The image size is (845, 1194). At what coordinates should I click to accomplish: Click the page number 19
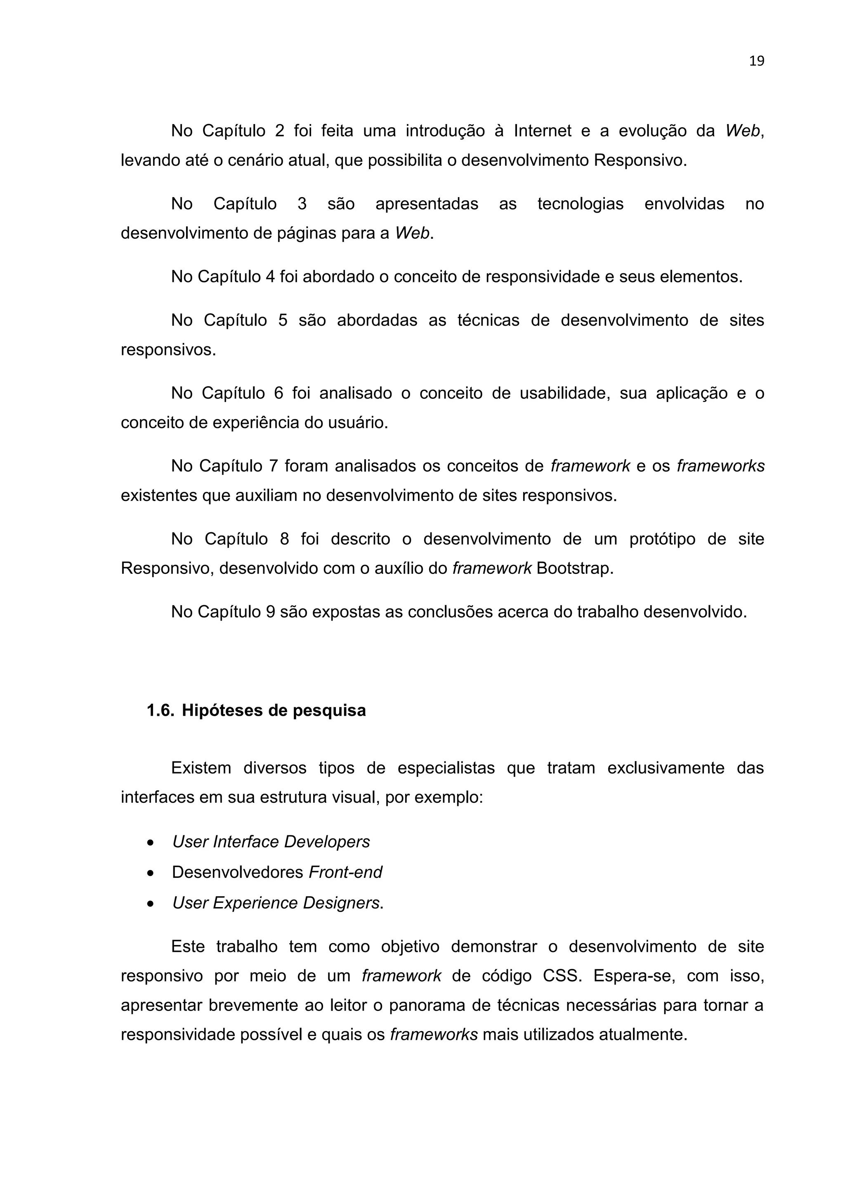[757, 61]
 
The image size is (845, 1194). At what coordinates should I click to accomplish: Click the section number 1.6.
[160, 710]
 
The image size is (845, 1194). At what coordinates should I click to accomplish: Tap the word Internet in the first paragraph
[543, 131]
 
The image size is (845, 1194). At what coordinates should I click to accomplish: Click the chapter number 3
[302, 204]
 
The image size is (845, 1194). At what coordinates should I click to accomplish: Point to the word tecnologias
[580, 204]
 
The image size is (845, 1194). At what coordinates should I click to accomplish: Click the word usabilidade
[564, 393]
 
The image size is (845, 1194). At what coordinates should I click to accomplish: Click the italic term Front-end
[345, 872]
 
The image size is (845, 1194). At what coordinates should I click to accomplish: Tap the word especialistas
[446, 768]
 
